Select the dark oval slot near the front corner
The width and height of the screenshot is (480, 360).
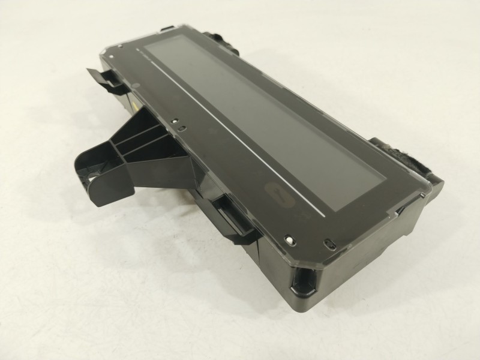click(328, 243)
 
